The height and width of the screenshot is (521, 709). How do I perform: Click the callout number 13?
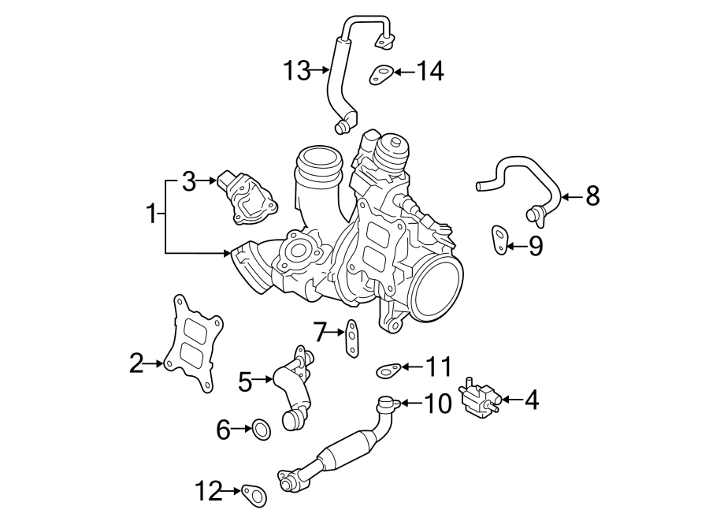(298, 71)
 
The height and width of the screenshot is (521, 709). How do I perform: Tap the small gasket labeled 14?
(381, 76)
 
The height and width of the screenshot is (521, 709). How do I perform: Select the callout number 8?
(592, 195)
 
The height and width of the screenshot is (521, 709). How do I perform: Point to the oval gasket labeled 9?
(499, 240)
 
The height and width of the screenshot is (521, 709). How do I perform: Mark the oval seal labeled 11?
(388, 367)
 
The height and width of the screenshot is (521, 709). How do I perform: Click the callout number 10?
(438, 404)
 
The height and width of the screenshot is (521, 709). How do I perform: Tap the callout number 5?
(244, 382)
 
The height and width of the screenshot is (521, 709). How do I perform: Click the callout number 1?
(151, 213)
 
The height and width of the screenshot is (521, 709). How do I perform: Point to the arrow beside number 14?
(403, 72)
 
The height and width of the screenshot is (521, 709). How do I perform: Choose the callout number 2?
(136, 363)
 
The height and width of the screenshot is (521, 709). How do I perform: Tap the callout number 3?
(188, 182)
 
